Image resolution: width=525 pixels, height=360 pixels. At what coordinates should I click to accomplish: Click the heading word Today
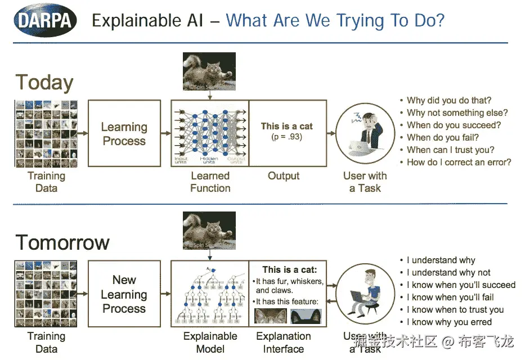tap(44, 83)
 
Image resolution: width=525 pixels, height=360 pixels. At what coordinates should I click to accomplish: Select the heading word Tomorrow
tap(62, 242)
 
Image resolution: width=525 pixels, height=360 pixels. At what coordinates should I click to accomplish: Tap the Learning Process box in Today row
tap(124, 133)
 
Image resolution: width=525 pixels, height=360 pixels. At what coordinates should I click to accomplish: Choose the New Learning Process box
tap(124, 294)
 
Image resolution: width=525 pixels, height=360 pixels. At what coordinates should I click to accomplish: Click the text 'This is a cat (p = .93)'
tap(286, 131)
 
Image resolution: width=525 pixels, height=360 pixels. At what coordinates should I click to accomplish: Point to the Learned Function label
tap(210, 182)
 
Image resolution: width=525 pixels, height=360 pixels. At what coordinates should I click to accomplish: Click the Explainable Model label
tap(210, 342)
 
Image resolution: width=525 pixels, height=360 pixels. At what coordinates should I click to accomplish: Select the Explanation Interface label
tap(284, 342)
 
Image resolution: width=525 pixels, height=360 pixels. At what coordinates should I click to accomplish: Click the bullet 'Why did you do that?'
tap(448, 100)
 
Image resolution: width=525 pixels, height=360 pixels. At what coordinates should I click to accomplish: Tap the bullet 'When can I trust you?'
tap(450, 150)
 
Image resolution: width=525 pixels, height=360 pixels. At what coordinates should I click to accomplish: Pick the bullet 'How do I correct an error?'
tap(459, 162)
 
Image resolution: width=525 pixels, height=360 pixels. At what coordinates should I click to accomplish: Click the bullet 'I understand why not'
tap(448, 272)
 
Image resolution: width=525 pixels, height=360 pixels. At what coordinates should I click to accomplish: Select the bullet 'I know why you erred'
tap(448, 322)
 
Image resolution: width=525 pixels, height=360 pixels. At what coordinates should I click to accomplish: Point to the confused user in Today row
tap(364, 133)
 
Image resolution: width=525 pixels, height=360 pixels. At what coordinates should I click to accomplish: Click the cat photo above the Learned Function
tap(209, 71)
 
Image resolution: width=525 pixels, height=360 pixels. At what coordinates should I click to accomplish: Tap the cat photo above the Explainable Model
tap(209, 229)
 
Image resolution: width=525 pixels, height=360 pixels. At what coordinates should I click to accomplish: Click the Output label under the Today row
tap(284, 175)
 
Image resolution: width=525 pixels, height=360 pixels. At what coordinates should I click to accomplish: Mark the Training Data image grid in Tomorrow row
tap(46, 293)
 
